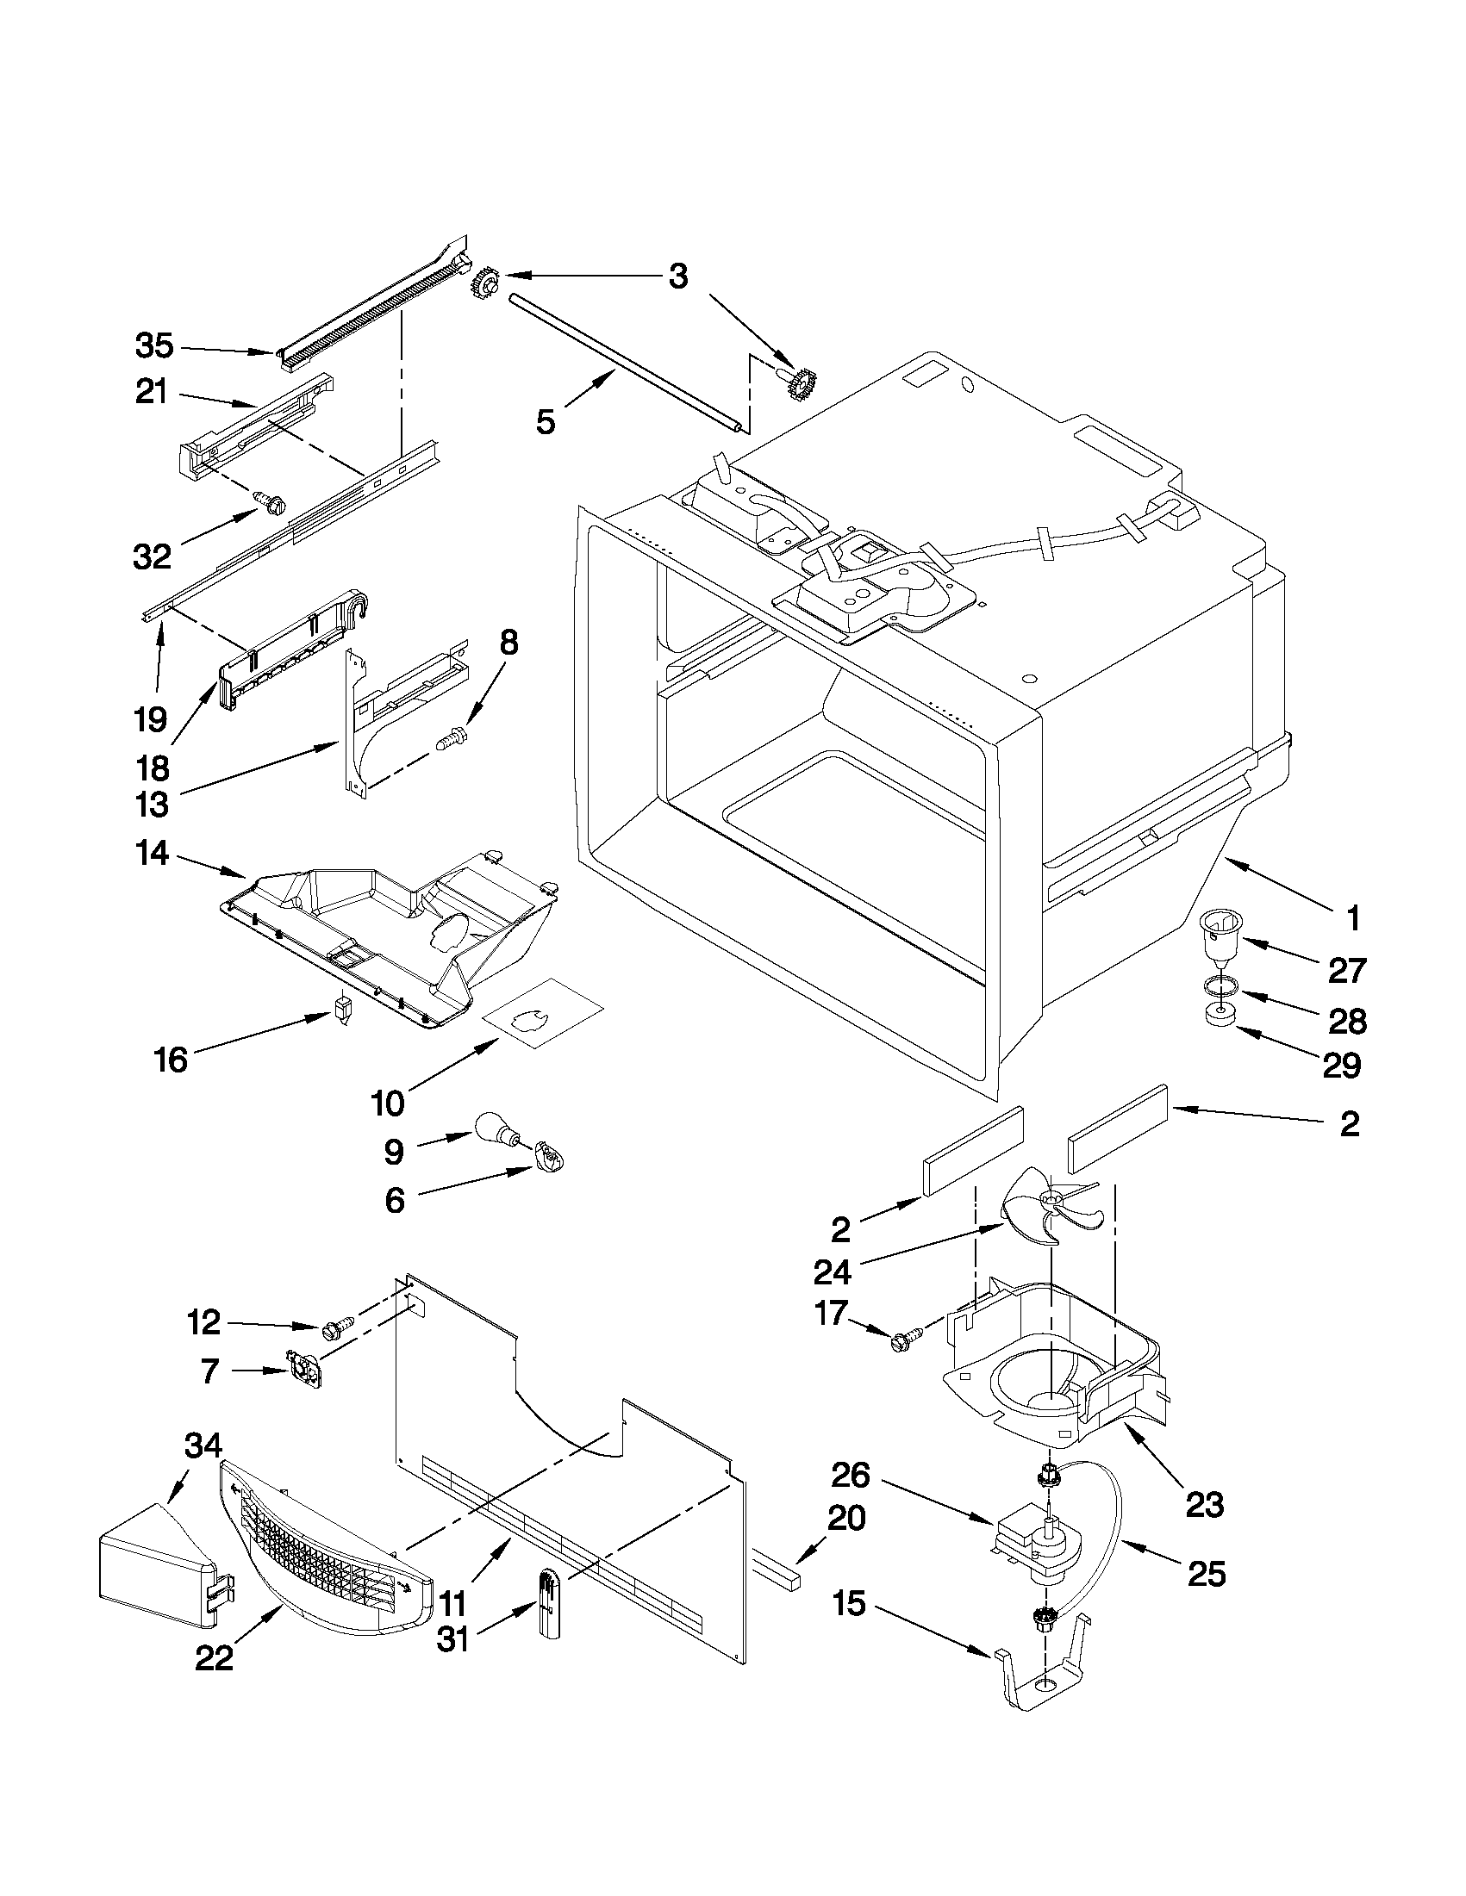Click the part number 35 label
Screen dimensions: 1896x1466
coord(154,346)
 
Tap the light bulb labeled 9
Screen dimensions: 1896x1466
coord(494,1131)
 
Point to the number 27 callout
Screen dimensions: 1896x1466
coord(1346,970)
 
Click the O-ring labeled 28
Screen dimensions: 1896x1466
coord(1220,985)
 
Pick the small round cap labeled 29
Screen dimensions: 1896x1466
coord(1220,1016)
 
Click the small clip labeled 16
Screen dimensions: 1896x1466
coord(342,1010)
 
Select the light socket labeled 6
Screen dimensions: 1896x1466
coord(548,1156)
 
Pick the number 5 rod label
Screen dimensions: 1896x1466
coord(545,423)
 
